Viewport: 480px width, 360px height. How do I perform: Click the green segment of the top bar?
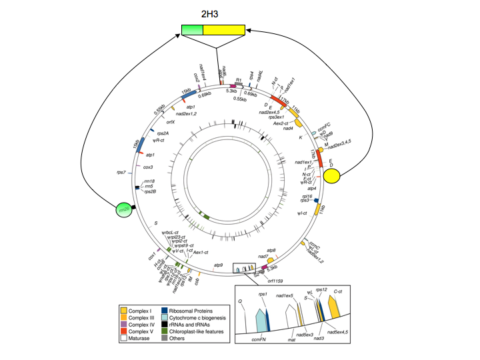point(192,30)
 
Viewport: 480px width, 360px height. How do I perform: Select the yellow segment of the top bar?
point(224,30)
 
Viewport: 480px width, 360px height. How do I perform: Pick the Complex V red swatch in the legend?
point(123,331)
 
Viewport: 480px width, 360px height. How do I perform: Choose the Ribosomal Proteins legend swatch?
point(164,311)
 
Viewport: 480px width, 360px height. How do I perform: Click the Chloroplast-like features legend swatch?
point(164,331)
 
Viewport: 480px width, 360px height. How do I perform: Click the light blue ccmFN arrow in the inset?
point(261,319)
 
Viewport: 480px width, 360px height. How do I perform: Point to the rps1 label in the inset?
point(263,294)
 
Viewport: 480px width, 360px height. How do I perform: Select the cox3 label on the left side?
point(148,167)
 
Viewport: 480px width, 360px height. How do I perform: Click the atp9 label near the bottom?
point(218,265)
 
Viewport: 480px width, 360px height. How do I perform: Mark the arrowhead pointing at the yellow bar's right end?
point(251,31)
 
